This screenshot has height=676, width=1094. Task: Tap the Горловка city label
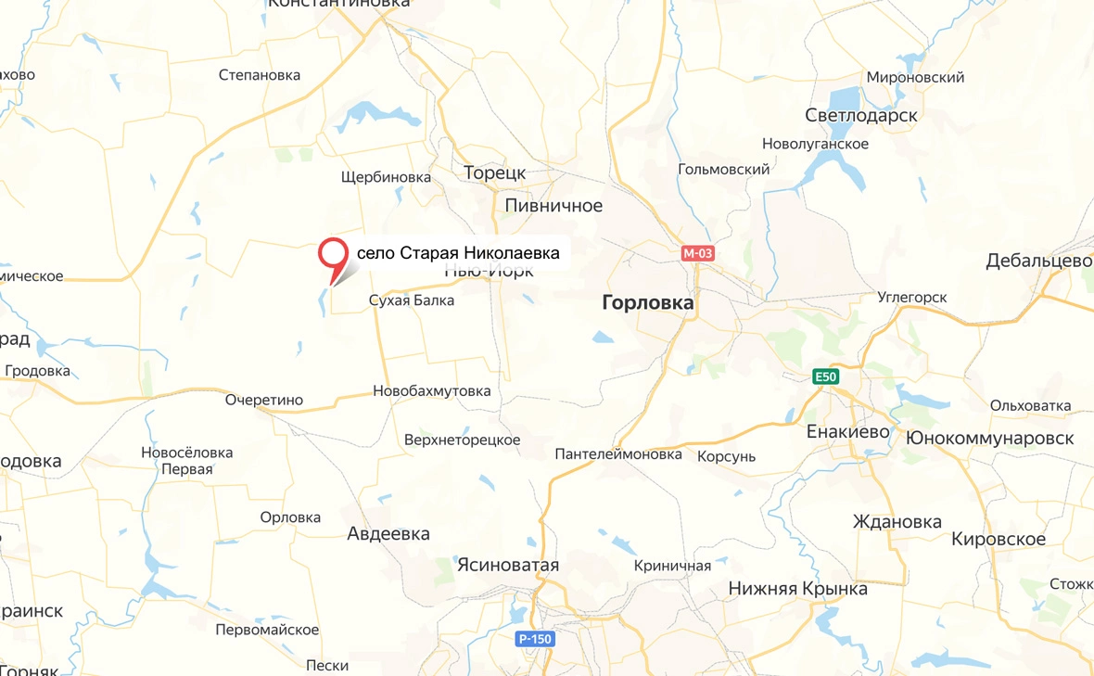click(x=648, y=302)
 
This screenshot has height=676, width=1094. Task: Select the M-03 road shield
click(x=698, y=253)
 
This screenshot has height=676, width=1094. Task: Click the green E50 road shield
click(x=824, y=376)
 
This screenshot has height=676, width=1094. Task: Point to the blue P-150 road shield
click(x=536, y=638)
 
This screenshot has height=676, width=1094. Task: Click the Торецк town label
click(x=494, y=173)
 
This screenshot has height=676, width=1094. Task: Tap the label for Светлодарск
click(x=861, y=116)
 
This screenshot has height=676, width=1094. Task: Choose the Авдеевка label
click(x=388, y=534)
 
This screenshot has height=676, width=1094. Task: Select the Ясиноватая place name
click(x=508, y=565)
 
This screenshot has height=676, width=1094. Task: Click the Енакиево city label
click(x=848, y=432)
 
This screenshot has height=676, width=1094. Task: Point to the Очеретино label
click(x=264, y=400)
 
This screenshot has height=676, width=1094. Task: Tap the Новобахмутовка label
click(x=431, y=391)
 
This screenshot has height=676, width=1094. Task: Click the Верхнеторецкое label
click(x=462, y=440)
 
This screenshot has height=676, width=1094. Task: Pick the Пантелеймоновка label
click(x=618, y=454)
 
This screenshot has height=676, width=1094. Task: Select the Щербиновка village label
click(x=386, y=176)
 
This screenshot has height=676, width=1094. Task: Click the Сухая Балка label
click(x=412, y=300)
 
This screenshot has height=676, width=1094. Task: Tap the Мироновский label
click(x=915, y=78)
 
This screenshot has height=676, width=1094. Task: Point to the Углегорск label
click(x=912, y=298)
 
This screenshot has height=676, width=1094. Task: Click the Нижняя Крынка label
click(x=798, y=589)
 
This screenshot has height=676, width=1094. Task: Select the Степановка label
click(x=260, y=75)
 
